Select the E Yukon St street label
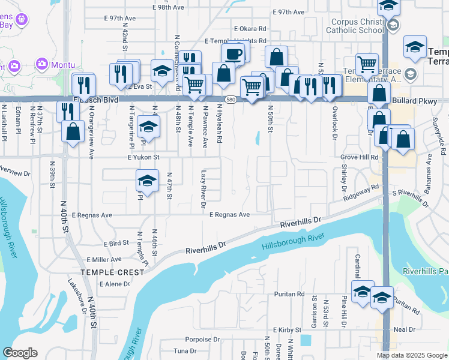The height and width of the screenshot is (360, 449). [142, 157]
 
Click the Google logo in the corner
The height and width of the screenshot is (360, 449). [20, 352]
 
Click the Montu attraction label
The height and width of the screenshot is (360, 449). [62, 64]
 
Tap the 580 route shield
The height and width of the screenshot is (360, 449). [231, 98]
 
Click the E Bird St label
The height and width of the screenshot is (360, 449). [116, 243]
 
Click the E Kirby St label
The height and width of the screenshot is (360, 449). [289, 331]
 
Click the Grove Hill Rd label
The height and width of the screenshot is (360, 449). [359, 157]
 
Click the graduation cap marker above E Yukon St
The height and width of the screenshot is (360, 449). [148, 127]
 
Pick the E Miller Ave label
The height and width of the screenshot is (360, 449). [104, 259]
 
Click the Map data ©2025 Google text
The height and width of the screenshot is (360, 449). [412, 355]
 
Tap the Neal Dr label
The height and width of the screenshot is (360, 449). [404, 329]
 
